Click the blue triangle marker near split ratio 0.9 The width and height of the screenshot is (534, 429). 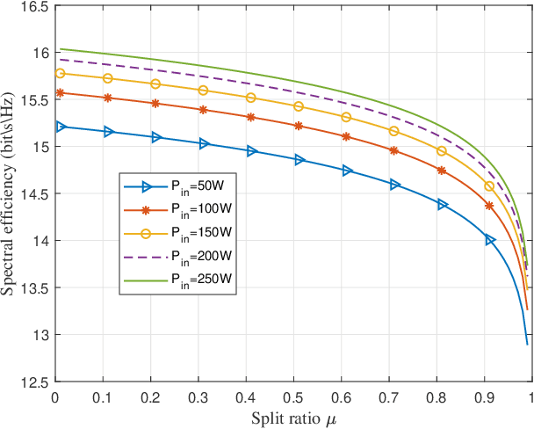[490, 240]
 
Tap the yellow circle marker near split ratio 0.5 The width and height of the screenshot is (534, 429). [299, 106]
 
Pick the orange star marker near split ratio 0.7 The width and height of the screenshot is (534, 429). [393, 150]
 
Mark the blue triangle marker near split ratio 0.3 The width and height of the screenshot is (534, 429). [204, 143]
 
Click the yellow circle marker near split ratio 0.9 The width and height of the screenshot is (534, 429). [489, 186]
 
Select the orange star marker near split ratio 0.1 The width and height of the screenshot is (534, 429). [108, 98]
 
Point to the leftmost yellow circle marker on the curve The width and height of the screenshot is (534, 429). [61, 73]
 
